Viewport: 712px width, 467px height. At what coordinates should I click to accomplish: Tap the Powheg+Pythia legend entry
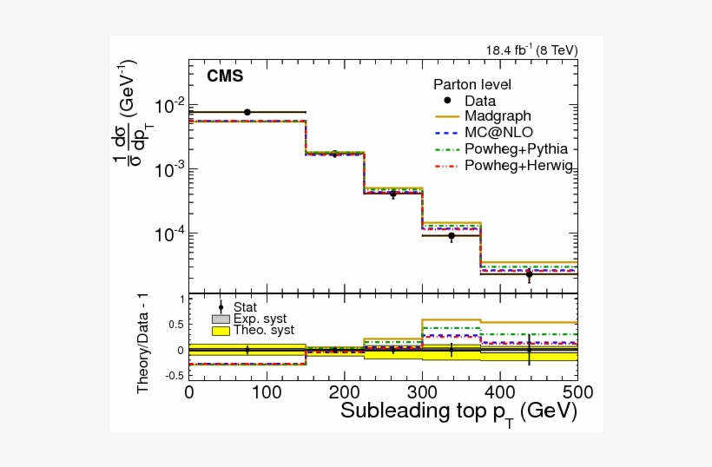coord(508,148)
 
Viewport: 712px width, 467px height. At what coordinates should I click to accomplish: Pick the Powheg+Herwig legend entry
coord(508,165)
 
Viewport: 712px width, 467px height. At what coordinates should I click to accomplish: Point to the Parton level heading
coord(472,85)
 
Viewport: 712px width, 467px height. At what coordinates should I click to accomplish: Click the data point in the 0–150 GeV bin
coord(247,112)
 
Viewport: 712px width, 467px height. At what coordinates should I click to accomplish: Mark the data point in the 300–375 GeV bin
coord(452,236)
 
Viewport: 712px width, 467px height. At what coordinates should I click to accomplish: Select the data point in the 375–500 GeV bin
coord(529,274)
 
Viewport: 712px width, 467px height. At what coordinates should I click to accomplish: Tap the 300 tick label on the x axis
coord(422,391)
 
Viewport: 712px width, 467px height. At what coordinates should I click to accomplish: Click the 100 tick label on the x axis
coord(267,391)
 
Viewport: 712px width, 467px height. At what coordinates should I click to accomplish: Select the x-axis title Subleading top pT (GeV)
coord(458,411)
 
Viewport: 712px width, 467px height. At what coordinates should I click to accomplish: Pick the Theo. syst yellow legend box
coord(221,330)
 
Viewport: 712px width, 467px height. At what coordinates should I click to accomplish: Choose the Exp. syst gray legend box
coord(221,319)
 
